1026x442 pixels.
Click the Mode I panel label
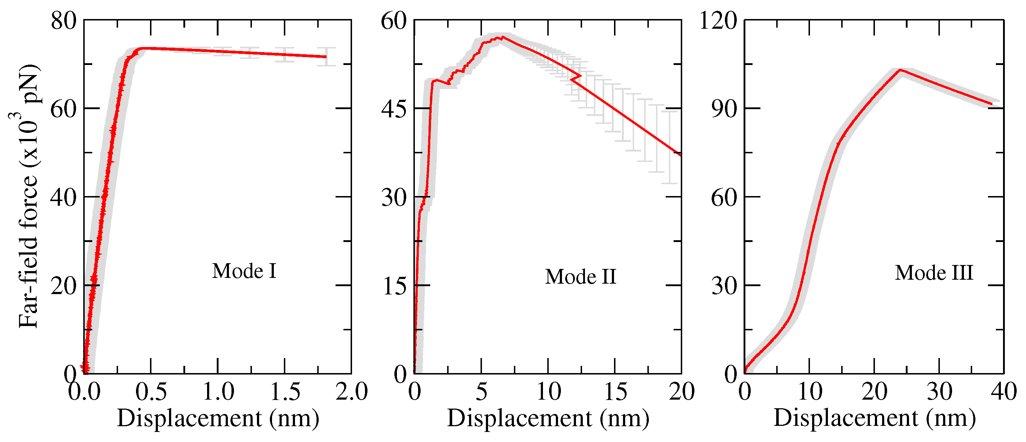coord(244,271)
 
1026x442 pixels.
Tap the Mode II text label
coord(580,277)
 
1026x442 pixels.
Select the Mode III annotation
coord(934,273)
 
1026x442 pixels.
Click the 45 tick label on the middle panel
coord(394,109)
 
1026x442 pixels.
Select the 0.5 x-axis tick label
coord(151,392)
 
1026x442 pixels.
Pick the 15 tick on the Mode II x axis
coord(615,392)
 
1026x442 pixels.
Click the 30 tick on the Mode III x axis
coord(939,392)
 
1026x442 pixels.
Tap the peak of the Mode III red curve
coord(900,70)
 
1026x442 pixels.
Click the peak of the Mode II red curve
coord(503,37)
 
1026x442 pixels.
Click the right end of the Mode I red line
coord(326,57)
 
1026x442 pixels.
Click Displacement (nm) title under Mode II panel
coord(548,419)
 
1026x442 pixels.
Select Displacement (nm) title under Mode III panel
coord(874,419)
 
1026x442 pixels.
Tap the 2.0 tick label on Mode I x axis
coord(351,392)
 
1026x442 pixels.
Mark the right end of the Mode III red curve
coord(991,104)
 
